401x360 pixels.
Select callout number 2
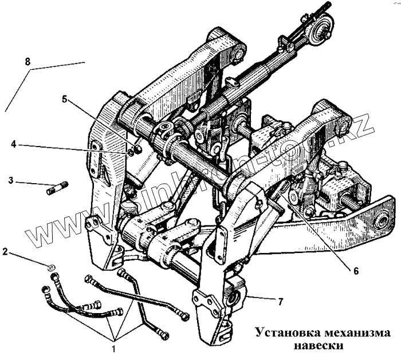click(x=6, y=251)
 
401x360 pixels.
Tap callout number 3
click(x=11, y=181)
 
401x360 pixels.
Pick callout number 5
click(x=65, y=98)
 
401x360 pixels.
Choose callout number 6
click(x=356, y=270)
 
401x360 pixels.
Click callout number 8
click(x=27, y=60)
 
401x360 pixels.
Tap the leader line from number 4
click(x=74, y=148)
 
